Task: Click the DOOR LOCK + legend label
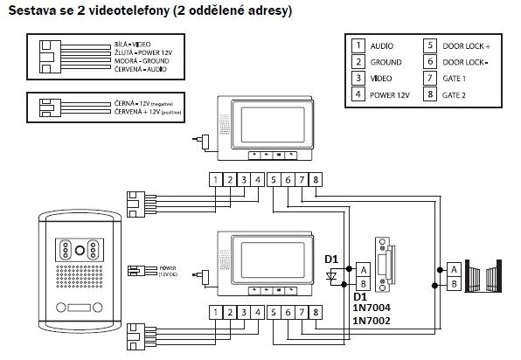point(472,45)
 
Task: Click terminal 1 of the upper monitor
point(215,180)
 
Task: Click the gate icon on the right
point(484,276)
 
